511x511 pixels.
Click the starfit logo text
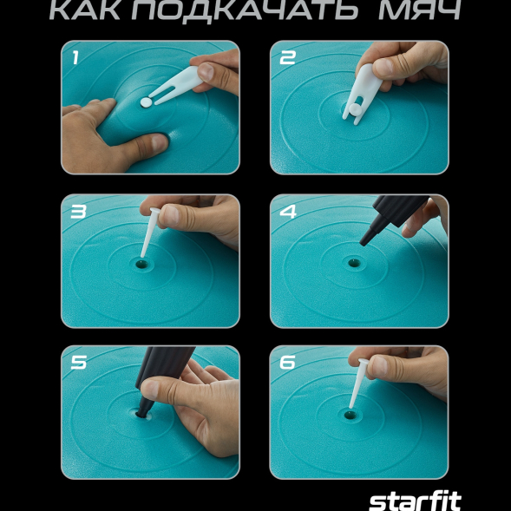[415, 501]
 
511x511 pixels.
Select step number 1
[75, 59]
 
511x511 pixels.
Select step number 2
[287, 58]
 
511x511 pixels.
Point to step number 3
[77, 211]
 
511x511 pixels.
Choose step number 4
[287, 211]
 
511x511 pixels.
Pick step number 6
[287, 363]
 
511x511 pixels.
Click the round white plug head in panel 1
[146, 102]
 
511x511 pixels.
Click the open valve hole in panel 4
[353, 260]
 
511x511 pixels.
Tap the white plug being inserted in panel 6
[357, 389]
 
